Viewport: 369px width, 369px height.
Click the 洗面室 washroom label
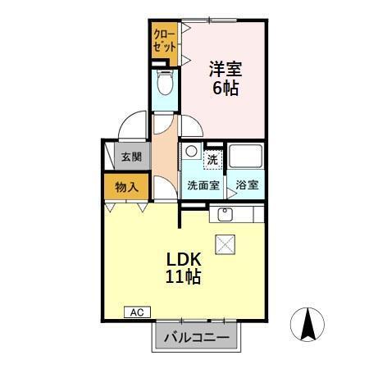click(202, 185)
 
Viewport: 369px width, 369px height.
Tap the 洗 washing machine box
click(212, 157)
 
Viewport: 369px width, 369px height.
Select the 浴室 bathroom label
click(247, 185)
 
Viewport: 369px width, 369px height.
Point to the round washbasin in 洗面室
click(190, 151)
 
